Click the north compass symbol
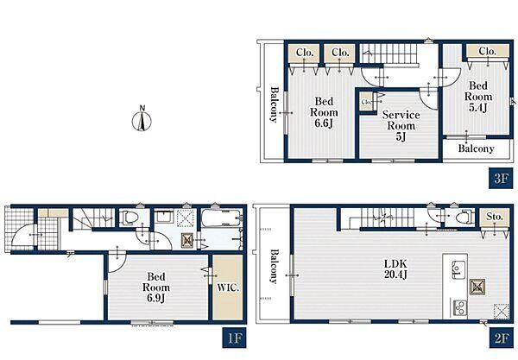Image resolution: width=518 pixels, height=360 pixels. point(142,119)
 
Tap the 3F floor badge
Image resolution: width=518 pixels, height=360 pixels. point(501,179)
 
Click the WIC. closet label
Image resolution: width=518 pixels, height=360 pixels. point(228,287)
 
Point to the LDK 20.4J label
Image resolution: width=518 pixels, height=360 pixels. point(395,268)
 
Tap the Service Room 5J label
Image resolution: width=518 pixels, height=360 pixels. point(401,125)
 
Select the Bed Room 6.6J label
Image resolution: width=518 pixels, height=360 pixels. point(324,112)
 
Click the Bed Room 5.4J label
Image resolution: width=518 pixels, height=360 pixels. point(478,97)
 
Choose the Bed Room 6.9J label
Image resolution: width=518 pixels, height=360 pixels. point(156,287)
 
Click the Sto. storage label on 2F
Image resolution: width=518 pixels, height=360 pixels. point(495,217)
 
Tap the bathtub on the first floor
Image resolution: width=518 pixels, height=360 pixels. point(221,218)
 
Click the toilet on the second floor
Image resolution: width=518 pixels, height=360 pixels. point(464,217)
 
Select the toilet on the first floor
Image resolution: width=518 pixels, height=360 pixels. point(129,218)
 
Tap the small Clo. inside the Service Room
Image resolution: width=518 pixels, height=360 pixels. point(366,102)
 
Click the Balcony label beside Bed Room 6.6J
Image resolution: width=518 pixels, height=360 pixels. point(274,104)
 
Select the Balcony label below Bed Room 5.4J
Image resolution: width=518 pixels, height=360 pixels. point(476,148)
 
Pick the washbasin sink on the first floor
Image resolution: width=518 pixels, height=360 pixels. point(163,217)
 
